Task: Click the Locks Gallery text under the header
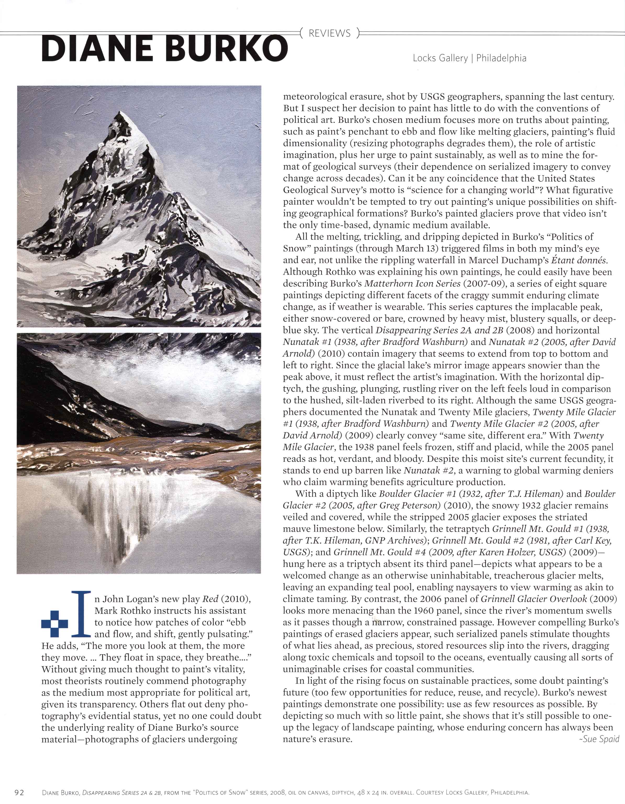(x=440, y=58)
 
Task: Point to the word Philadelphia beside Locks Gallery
(x=501, y=58)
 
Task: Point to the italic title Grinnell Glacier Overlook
(x=534, y=599)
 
